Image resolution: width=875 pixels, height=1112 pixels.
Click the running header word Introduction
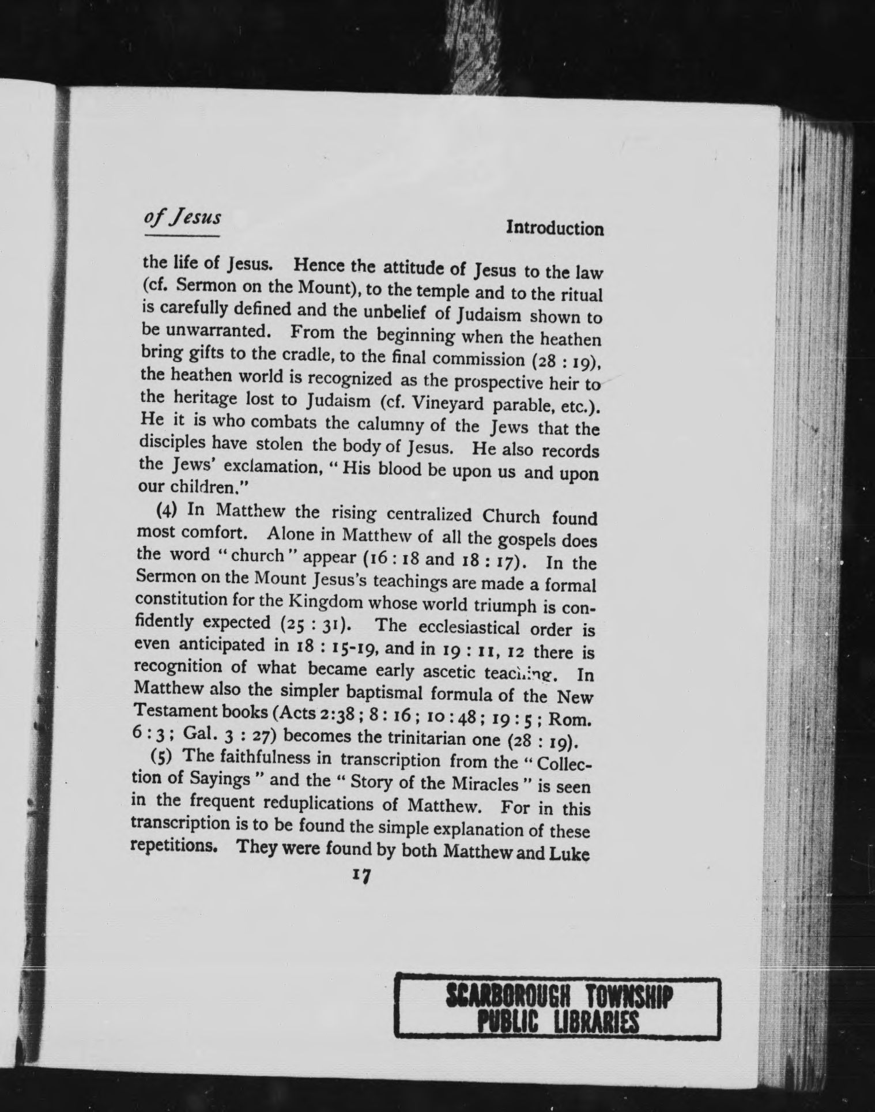pos(555,229)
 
